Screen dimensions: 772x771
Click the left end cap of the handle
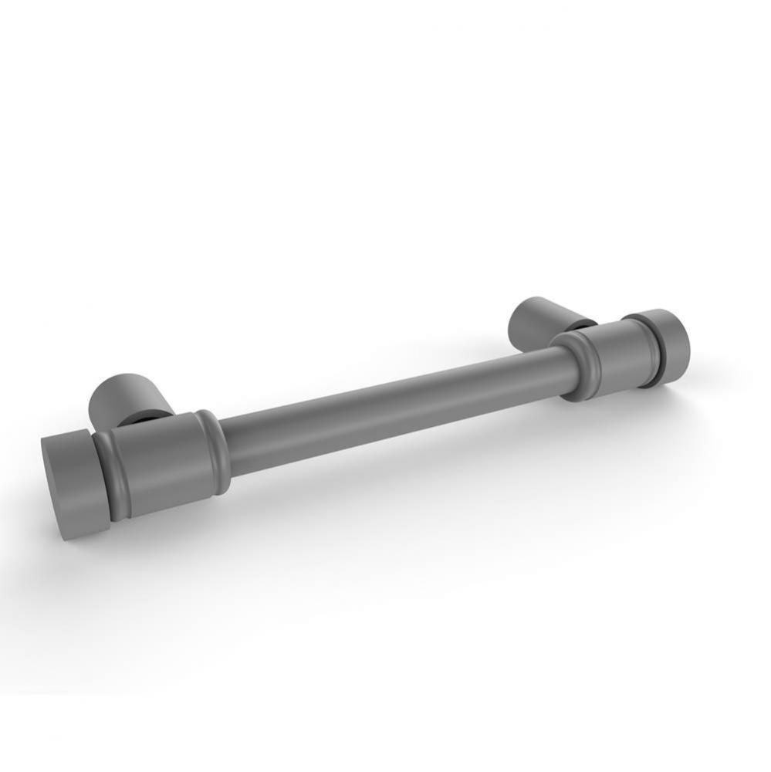point(69,482)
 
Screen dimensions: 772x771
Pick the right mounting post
point(540,320)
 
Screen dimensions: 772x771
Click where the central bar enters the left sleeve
point(225,446)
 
